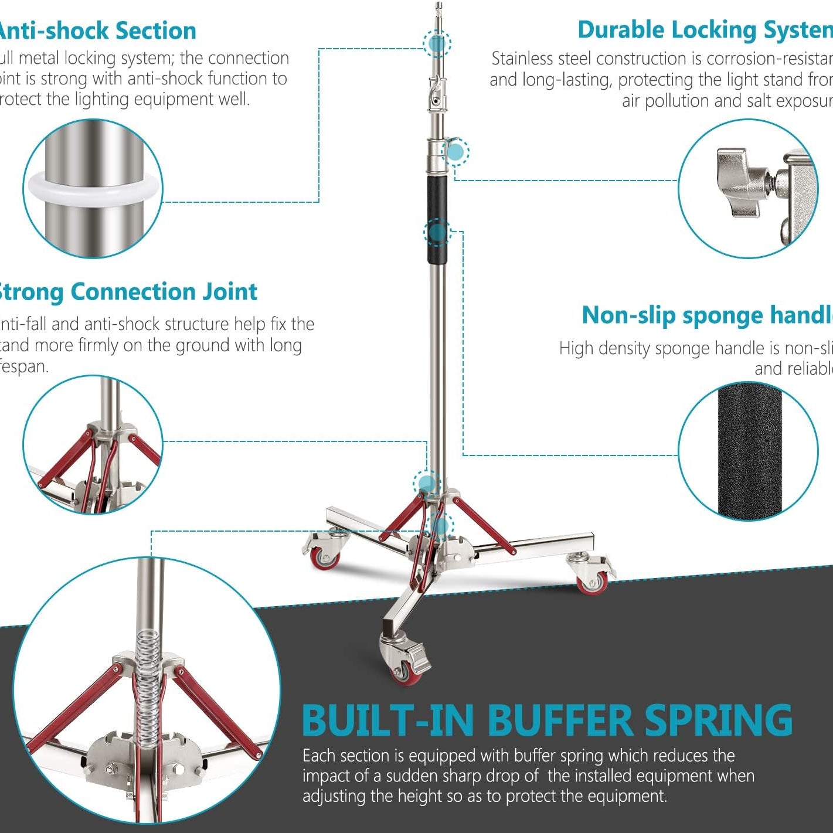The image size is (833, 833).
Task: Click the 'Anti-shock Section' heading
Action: [97, 31]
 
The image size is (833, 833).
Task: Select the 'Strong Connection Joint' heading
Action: [127, 292]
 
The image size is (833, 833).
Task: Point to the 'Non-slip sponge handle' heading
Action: [706, 315]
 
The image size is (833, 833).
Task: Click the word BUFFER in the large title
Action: [560, 720]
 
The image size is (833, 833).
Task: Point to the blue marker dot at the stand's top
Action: [437, 43]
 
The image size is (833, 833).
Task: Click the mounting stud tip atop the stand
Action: [438, 7]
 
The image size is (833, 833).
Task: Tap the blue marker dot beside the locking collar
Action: [455, 152]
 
